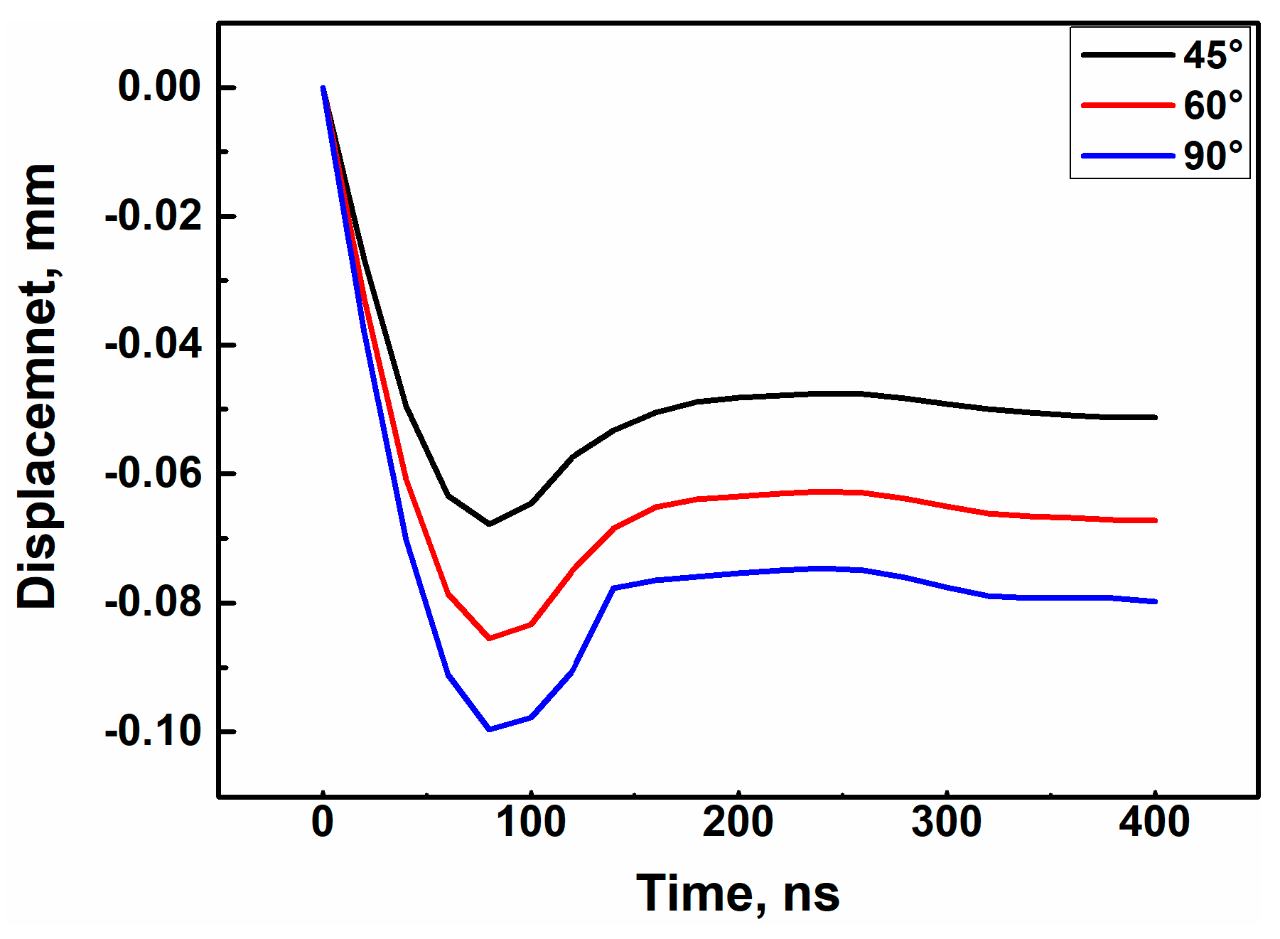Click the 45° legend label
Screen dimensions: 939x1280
click(1212, 55)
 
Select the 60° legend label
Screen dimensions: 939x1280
click(1212, 105)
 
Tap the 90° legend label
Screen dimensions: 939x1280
click(1212, 156)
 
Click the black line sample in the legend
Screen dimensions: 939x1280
click(1127, 55)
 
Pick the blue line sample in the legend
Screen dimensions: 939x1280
click(1127, 156)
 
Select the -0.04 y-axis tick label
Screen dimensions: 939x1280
click(154, 345)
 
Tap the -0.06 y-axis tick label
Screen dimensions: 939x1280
click(154, 473)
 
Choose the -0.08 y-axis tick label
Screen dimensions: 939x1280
click(154, 602)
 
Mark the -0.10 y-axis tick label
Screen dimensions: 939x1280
click(154, 731)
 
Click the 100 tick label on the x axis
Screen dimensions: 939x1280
click(530, 822)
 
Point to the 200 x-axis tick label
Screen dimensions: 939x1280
click(738, 822)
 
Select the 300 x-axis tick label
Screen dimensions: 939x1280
click(946, 822)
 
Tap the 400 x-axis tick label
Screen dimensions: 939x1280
click(1153, 822)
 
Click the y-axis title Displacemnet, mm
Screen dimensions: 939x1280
click(37, 386)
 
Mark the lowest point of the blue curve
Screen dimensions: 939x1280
click(489, 729)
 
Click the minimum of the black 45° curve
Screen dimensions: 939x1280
click(489, 524)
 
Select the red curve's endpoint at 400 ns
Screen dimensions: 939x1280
click(1156, 520)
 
